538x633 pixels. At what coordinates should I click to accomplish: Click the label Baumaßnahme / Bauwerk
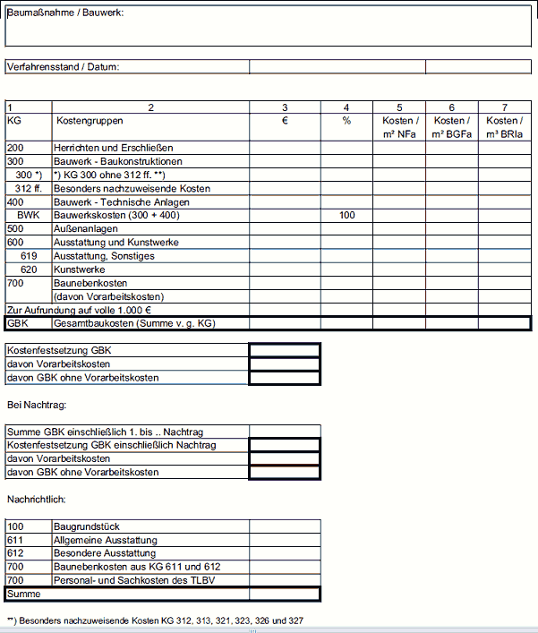tap(65, 13)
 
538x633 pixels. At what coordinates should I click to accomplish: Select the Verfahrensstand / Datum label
tap(63, 66)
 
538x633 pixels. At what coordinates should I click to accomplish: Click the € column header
tap(284, 121)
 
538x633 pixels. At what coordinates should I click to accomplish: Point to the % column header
tap(346, 121)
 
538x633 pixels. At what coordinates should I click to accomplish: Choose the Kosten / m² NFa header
tap(399, 127)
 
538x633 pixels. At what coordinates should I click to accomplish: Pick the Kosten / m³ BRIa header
tap(503, 127)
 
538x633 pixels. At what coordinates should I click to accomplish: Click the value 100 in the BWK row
tap(347, 216)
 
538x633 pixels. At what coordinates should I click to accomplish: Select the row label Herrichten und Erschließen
tap(113, 148)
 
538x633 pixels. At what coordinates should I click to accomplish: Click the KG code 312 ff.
tap(29, 189)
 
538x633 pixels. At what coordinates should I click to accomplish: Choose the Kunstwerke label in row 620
tap(80, 269)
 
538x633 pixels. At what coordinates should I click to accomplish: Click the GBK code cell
tap(18, 323)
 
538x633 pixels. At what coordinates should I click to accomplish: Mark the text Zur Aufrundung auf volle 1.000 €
tap(79, 310)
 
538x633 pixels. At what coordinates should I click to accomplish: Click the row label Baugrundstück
tap(87, 526)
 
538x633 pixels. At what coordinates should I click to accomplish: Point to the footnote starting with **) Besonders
tap(155, 620)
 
